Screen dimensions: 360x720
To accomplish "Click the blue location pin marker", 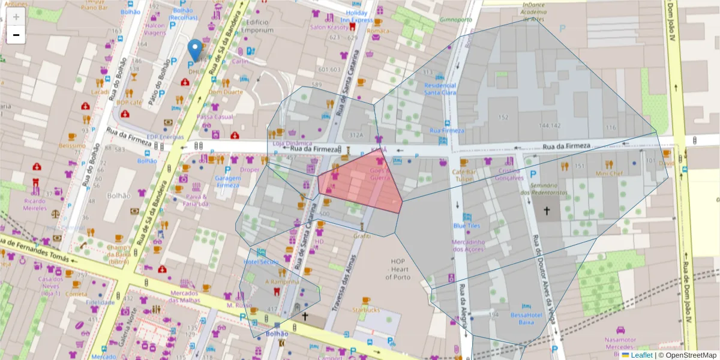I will (x=194, y=49).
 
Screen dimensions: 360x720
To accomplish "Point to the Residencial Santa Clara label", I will (x=440, y=89).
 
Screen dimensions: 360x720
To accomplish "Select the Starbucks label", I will (x=366, y=310).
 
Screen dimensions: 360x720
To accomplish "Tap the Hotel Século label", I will (x=261, y=262).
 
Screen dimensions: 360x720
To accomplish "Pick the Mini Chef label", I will (x=609, y=173).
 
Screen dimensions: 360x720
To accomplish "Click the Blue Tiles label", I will (x=467, y=226).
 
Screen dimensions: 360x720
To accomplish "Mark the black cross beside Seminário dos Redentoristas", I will (x=547, y=211).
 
